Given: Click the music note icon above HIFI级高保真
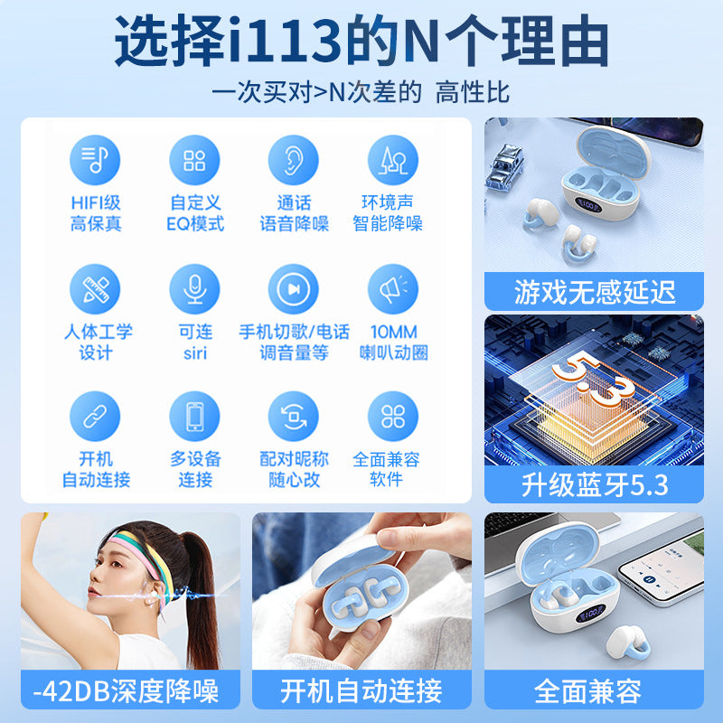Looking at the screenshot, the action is tap(95, 160).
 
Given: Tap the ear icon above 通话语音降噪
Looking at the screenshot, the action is tap(293, 160).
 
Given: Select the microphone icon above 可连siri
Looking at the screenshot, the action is tap(194, 289).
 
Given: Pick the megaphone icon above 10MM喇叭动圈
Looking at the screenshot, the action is tap(393, 289).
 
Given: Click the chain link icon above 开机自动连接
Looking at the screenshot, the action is tap(95, 417).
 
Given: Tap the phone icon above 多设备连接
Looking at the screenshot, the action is tap(194, 417).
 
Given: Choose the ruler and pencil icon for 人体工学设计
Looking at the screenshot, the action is tap(95, 289).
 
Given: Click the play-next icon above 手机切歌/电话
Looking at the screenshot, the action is tap(293, 289).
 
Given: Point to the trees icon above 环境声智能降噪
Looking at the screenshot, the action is tap(393, 160).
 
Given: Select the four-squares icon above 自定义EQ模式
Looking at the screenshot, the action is tap(194, 160).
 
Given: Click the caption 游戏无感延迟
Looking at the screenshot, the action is tap(595, 292).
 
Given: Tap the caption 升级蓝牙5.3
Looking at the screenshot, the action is tap(595, 485).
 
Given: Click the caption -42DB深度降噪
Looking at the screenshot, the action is tap(126, 690).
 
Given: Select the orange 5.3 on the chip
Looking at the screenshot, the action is tap(595, 377).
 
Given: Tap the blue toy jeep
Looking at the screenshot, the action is tap(505, 166).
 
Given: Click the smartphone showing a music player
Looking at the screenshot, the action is tap(662, 569).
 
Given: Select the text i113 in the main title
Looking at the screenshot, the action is tap(285, 41).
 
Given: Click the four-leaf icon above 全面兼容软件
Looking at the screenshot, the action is tap(393, 417).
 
